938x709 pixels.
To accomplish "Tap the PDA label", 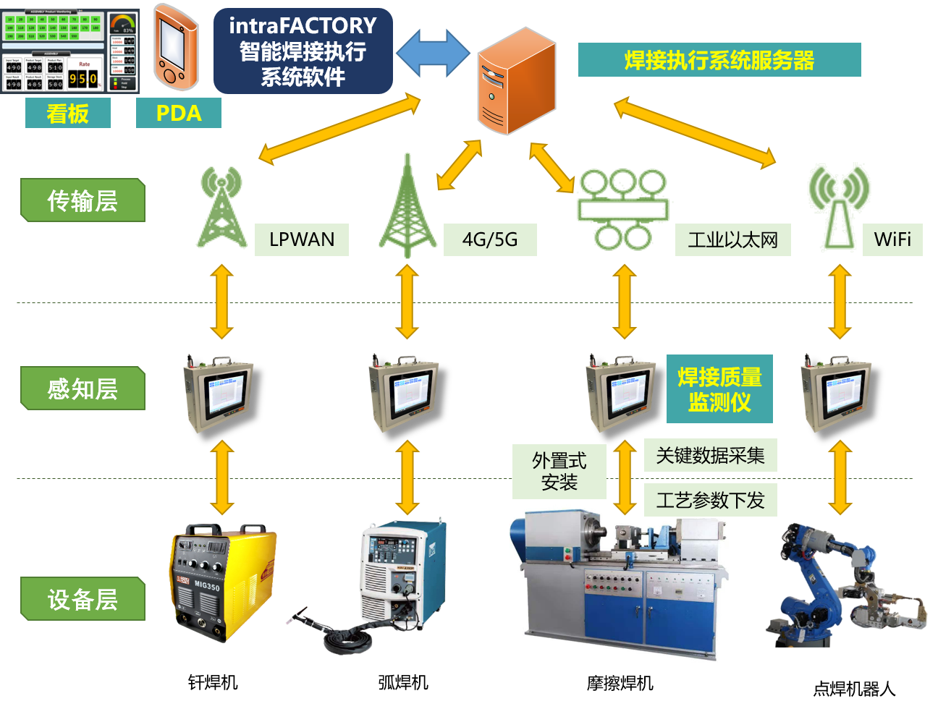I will tap(179, 114).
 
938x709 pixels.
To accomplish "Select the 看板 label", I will tap(68, 114).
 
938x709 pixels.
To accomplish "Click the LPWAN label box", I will tap(302, 239).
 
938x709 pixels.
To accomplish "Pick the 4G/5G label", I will tap(490, 239).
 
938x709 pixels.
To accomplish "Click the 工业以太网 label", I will tap(732, 240).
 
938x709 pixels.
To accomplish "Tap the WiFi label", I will tap(892, 239).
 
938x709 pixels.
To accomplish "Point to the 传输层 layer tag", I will tap(83, 200).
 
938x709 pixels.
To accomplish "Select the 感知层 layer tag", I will tap(83, 389).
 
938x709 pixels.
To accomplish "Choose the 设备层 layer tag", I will tap(83, 599).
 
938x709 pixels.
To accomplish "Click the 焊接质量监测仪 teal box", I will tap(719, 389).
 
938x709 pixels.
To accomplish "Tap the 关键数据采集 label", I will tap(710, 456).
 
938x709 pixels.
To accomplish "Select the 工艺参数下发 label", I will tap(710, 500).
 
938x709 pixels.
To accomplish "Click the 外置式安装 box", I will tap(559, 472).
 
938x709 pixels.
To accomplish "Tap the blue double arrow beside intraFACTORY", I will tap(433, 53).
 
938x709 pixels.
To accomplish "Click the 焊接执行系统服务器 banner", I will tap(719, 60).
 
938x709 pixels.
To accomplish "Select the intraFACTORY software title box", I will tap(303, 51).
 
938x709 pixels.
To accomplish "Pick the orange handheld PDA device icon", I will tap(175, 47).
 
